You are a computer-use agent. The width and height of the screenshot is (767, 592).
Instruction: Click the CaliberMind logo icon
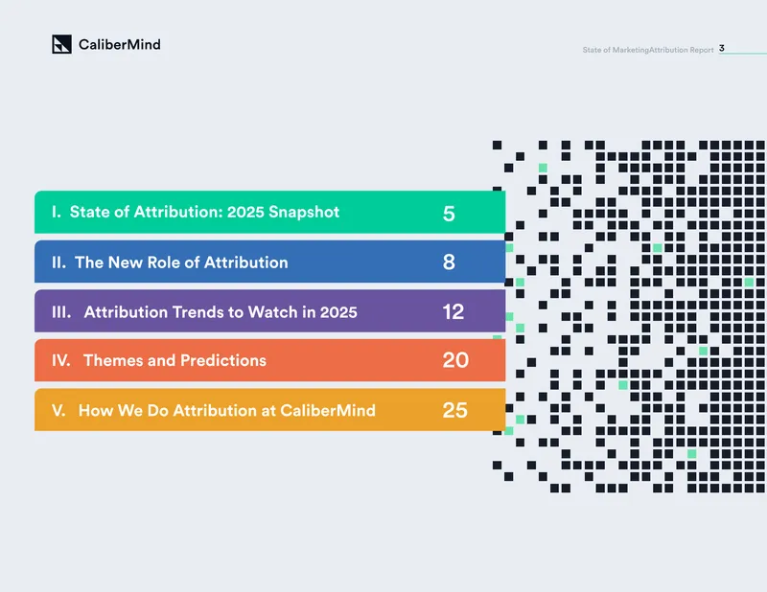point(61,44)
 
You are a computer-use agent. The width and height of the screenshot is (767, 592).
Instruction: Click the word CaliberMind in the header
point(119,44)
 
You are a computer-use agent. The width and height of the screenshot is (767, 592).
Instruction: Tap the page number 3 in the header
point(722,48)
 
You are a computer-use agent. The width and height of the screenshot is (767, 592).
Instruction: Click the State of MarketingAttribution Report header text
point(648,50)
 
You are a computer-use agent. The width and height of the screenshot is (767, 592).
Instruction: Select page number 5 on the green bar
point(449,214)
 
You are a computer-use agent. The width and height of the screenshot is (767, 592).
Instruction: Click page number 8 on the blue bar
point(449,262)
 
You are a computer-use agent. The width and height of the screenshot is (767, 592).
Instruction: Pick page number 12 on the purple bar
point(453,312)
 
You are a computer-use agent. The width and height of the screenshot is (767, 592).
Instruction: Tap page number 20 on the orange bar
point(455,360)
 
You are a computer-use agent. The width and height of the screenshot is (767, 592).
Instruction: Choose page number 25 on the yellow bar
point(454,410)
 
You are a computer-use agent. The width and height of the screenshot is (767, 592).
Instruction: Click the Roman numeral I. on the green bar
point(57,212)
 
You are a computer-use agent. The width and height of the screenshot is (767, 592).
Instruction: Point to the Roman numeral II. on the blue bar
point(58,262)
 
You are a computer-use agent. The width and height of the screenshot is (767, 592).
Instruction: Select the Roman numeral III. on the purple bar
point(61,312)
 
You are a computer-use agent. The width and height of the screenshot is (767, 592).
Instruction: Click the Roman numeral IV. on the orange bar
point(61,360)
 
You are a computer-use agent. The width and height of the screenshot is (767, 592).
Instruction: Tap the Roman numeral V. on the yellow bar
point(58,410)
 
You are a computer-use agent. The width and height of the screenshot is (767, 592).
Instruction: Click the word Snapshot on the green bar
point(304,212)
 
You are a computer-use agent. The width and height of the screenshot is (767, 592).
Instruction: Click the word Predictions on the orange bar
point(223,360)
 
